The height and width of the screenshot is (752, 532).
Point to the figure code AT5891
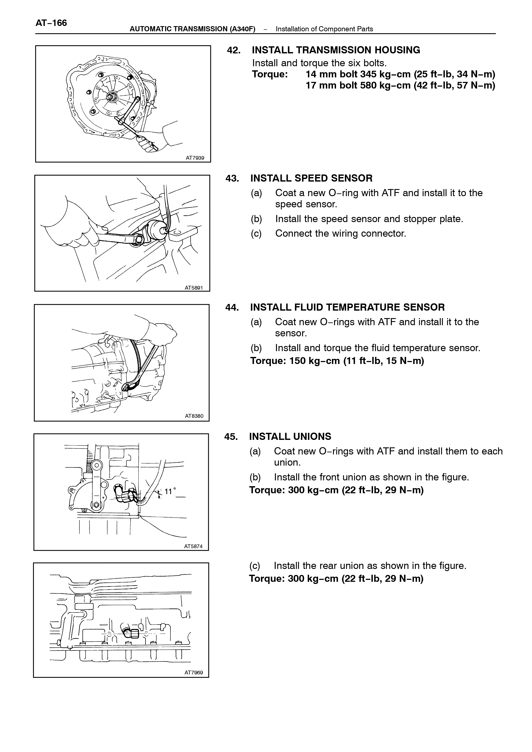click(x=194, y=287)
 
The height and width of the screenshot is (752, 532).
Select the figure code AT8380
click(x=194, y=416)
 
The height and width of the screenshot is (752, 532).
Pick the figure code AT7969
click(x=194, y=673)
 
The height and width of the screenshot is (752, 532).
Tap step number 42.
click(x=234, y=50)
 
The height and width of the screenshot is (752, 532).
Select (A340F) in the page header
click(x=243, y=29)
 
